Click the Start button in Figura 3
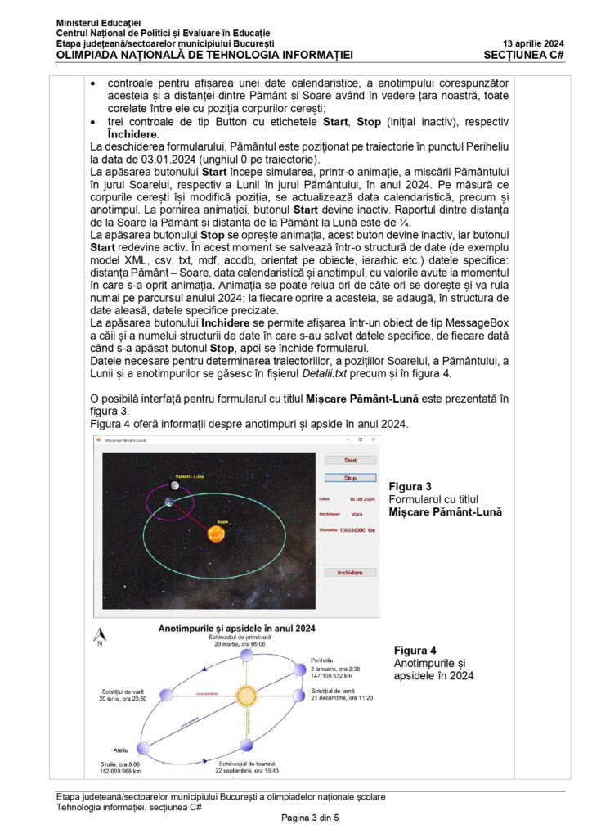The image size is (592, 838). tap(350, 461)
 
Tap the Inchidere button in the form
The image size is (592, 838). tap(350, 573)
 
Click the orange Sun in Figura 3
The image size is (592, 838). tap(216, 534)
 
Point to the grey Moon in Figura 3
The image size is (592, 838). tap(174, 484)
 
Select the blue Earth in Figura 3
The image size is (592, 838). tap(168, 502)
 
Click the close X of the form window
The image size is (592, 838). tap(373, 439)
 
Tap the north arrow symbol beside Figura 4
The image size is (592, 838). tap(100, 635)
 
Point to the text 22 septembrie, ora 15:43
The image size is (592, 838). tap(247, 770)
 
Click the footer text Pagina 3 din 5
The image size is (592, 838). tap(309, 818)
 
